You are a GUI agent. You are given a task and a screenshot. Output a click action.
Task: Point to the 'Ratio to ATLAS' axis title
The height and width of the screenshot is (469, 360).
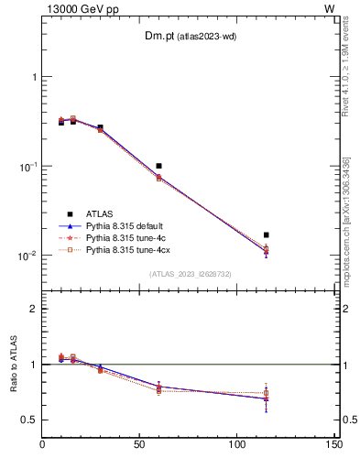(12, 365)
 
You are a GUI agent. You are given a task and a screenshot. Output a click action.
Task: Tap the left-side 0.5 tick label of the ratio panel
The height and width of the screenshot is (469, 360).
(31, 420)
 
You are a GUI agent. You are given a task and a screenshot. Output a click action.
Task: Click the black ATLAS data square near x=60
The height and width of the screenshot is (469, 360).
(158, 166)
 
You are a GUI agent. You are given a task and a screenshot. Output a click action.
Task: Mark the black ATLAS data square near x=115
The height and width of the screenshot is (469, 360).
(266, 235)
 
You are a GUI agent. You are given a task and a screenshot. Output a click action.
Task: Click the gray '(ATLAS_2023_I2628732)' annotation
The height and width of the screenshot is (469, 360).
(190, 273)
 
